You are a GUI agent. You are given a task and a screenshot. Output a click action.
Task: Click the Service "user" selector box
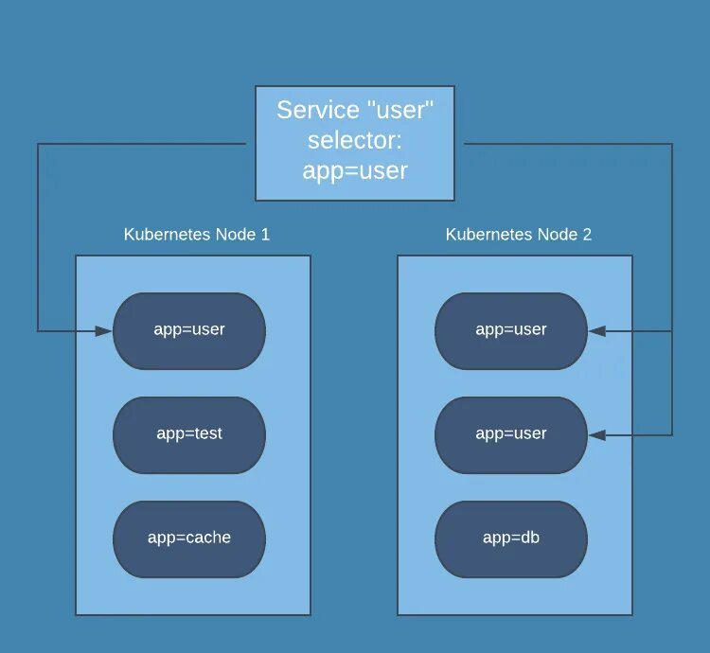[x=355, y=143]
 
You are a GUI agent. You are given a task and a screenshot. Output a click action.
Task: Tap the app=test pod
[x=189, y=434]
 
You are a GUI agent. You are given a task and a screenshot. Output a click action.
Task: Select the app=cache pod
[x=189, y=538]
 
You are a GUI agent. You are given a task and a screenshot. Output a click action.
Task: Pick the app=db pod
[x=511, y=538]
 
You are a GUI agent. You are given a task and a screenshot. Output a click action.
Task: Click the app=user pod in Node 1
[x=189, y=330]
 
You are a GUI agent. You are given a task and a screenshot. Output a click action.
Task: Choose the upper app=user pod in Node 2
[x=511, y=330]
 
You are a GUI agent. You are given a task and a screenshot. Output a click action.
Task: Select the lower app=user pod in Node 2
[x=511, y=434]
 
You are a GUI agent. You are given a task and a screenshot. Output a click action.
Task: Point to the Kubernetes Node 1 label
[x=197, y=235]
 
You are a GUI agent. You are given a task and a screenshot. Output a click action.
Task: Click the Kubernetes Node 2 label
[x=519, y=235]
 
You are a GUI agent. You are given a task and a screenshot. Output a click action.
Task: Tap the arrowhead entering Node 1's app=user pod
[x=105, y=331]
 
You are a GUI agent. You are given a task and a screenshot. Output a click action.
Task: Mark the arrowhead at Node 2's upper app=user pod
[x=596, y=331]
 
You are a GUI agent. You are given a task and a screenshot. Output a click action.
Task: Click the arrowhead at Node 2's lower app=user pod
[x=596, y=435]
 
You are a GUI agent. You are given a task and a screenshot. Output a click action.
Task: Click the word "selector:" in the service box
[x=355, y=141]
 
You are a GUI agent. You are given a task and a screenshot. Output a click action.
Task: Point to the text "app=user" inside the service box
[x=355, y=171]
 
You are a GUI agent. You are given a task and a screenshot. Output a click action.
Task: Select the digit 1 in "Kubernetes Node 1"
[x=265, y=235]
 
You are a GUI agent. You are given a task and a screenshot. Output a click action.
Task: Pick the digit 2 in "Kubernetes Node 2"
[x=587, y=235]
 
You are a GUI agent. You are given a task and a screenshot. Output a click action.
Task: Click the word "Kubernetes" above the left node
[x=164, y=235]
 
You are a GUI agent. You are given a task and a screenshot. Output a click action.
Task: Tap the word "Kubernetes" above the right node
[x=486, y=235]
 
